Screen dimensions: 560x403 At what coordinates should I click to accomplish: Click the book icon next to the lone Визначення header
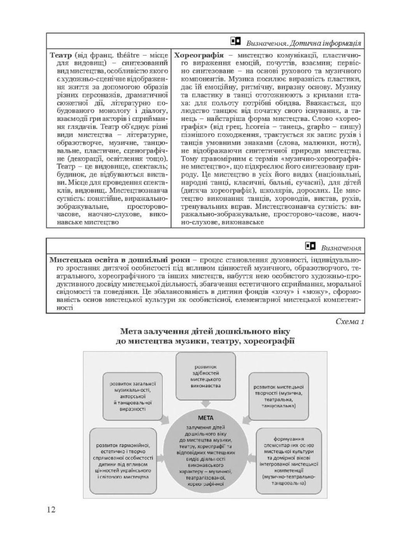310,246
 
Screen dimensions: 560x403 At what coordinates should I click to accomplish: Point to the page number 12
51,510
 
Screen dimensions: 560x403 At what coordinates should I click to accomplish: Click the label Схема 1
349,322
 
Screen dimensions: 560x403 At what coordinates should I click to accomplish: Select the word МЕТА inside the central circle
206,418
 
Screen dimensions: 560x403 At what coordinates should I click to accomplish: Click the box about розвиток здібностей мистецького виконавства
206,376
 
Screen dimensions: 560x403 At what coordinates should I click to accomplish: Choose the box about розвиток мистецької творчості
278,396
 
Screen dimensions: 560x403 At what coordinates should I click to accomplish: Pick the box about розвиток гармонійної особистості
123,460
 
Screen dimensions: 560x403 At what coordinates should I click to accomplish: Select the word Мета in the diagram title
131,331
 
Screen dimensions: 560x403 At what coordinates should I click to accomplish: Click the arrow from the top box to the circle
206,405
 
